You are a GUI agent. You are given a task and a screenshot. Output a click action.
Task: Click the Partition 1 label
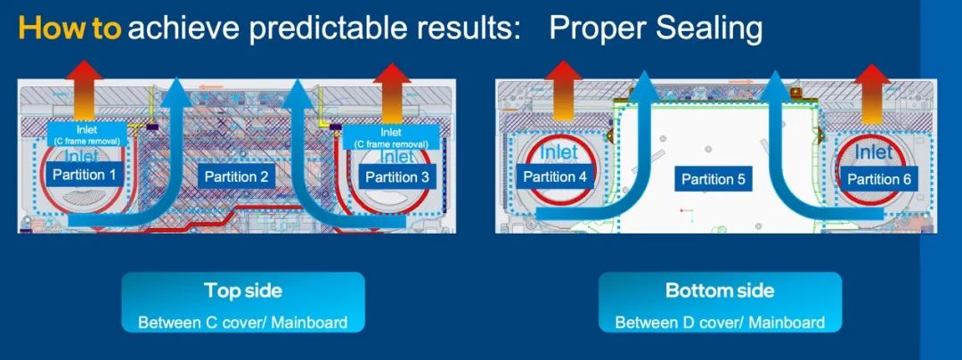[84, 176]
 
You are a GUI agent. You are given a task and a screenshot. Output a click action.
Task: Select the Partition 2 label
[236, 177]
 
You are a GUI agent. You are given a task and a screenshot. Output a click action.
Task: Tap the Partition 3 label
[397, 178]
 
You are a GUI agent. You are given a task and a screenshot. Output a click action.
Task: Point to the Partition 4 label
[555, 177]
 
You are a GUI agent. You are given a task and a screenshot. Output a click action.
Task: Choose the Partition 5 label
[713, 179]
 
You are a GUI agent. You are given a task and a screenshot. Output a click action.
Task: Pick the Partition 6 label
[878, 179]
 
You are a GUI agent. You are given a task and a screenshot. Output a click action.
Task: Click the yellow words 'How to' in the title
[70, 29]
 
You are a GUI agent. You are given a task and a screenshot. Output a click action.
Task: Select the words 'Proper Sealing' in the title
[656, 29]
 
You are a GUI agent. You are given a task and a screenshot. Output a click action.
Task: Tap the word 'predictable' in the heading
[326, 29]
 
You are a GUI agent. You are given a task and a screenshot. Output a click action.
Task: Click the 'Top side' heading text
[243, 290]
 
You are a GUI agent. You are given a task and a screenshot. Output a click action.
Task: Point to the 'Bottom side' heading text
[720, 290]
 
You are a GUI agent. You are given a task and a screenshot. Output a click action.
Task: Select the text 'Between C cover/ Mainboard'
[243, 322]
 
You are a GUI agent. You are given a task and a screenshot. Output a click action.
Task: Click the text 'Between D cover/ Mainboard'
[720, 322]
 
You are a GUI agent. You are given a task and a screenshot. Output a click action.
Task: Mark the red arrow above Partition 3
[392, 93]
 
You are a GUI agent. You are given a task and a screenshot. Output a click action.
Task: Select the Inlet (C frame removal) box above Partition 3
[391, 136]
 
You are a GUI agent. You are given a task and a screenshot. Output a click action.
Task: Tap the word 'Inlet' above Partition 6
[874, 152]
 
